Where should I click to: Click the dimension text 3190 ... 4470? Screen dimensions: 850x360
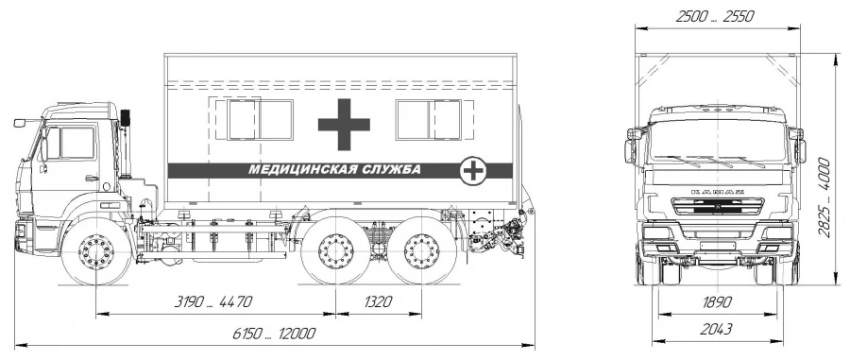pyautogui.click(x=213, y=301)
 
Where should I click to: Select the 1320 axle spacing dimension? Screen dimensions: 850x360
pyautogui.click(x=378, y=301)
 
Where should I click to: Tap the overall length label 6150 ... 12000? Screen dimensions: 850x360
pyautogui.click(x=274, y=333)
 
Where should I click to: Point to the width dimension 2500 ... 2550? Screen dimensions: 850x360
pyautogui.click(x=715, y=17)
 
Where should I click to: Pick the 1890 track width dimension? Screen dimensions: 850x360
pyautogui.click(x=717, y=302)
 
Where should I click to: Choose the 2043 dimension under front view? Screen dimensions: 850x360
pyautogui.click(x=717, y=329)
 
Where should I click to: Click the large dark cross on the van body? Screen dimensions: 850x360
pyautogui.click(x=344, y=124)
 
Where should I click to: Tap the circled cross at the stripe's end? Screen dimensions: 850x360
pyautogui.click(x=473, y=170)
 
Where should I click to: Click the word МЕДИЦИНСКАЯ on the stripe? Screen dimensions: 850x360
pyautogui.click(x=302, y=170)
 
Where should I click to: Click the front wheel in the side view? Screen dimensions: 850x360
pyautogui.click(x=96, y=251)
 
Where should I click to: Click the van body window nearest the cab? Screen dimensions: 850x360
pyautogui.click(x=261, y=119)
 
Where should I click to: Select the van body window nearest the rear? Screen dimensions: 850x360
pyautogui.click(x=429, y=119)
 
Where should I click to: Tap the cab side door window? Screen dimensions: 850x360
pyautogui.click(x=70, y=143)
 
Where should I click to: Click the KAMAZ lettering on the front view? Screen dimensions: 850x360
pyautogui.click(x=717, y=192)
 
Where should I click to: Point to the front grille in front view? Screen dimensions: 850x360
pyautogui.click(x=717, y=207)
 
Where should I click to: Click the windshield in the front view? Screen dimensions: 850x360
pyautogui.click(x=717, y=141)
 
